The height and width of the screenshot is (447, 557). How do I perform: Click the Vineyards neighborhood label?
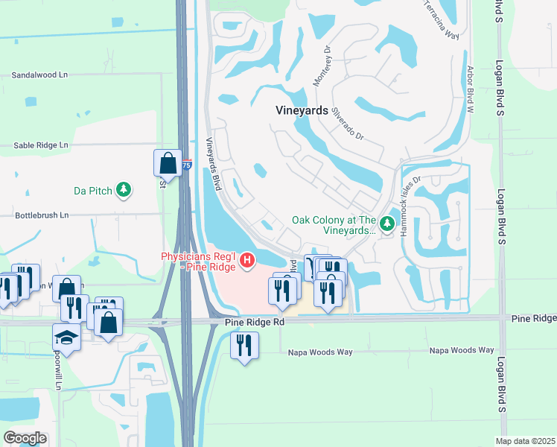[302, 110]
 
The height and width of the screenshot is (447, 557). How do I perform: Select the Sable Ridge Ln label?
[41, 145]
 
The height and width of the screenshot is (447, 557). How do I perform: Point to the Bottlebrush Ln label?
[41, 215]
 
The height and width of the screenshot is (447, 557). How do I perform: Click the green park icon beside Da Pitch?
[124, 191]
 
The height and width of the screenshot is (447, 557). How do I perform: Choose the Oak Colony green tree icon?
[386, 224]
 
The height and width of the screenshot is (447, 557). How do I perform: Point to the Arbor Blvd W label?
[470, 87]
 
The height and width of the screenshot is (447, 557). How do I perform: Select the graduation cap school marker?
[66, 337]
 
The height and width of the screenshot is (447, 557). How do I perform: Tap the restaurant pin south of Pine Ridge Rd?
[244, 345]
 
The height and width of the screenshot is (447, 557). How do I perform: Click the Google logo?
[25, 438]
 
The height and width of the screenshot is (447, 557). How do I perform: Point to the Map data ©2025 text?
[524, 441]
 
